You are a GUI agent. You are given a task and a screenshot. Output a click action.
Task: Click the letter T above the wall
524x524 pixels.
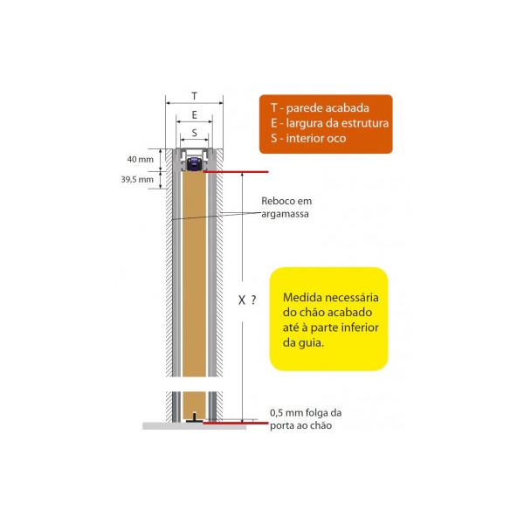point(195,96)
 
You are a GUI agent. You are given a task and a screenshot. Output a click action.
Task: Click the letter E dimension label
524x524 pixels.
point(195,115)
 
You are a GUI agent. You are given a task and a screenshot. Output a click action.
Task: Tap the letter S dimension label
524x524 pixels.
point(195,133)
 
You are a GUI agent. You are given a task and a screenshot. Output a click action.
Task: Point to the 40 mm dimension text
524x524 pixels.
point(141,159)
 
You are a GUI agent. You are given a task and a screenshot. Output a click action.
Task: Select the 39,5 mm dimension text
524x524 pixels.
point(137,179)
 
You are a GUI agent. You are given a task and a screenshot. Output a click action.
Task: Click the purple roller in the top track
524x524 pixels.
point(194,164)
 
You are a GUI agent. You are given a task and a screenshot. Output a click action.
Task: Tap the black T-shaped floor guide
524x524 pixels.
point(194,417)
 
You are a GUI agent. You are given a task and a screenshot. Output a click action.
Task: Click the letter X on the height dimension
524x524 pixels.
point(242,300)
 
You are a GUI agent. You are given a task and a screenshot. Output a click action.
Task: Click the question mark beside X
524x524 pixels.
point(253,300)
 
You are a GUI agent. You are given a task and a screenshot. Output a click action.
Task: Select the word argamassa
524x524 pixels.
point(285,214)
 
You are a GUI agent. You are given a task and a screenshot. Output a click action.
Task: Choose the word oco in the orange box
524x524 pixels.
point(337,139)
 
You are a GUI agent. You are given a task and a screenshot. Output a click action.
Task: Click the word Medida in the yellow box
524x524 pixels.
point(303,298)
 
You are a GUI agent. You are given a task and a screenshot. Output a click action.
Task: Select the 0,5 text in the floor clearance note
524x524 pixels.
point(277,413)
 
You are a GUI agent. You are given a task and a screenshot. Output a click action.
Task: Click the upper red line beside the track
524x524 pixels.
point(236,172)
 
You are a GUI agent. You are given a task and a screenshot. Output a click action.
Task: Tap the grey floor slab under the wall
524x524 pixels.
point(194,426)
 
